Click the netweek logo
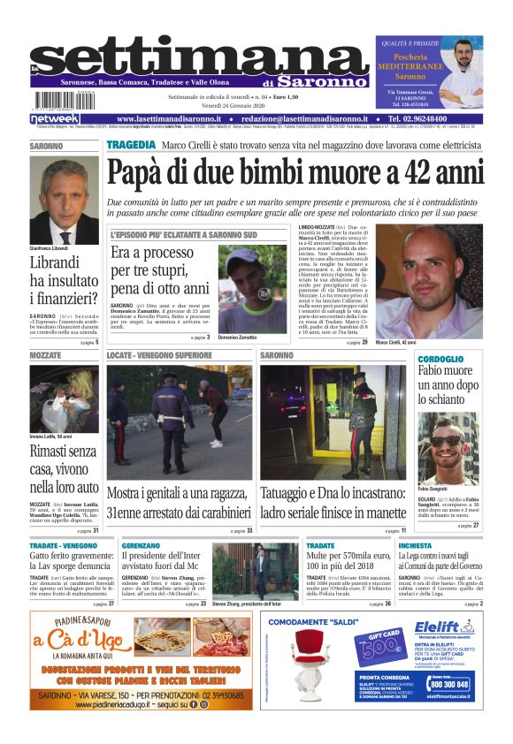(x=55, y=119)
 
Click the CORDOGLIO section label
(x=441, y=359)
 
